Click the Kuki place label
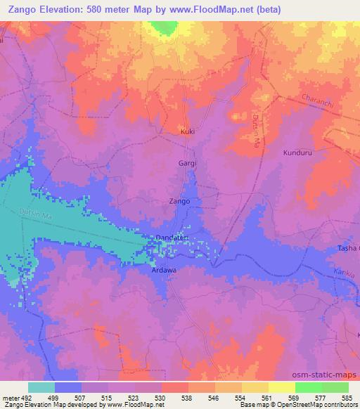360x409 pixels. pyautogui.click(x=187, y=131)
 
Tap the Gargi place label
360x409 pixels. pyautogui.click(x=186, y=163)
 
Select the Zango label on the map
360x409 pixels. pyautogui.click(x=180, y=201)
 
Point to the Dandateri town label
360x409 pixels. pyautogui.click(x=172, y=238)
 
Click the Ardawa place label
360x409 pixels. pyautogui.click(x=162, y=269)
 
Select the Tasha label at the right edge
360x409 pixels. pyautogui.click(x=349, y=248)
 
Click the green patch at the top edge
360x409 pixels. pyautogui.click(x=164, y=27)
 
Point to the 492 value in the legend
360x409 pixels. pyautogui.click(x=21, y=397)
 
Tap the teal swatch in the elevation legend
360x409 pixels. pyautogui.click(x=41, y=387)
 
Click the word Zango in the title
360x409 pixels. pyautogui.click(x=20, y=9)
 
